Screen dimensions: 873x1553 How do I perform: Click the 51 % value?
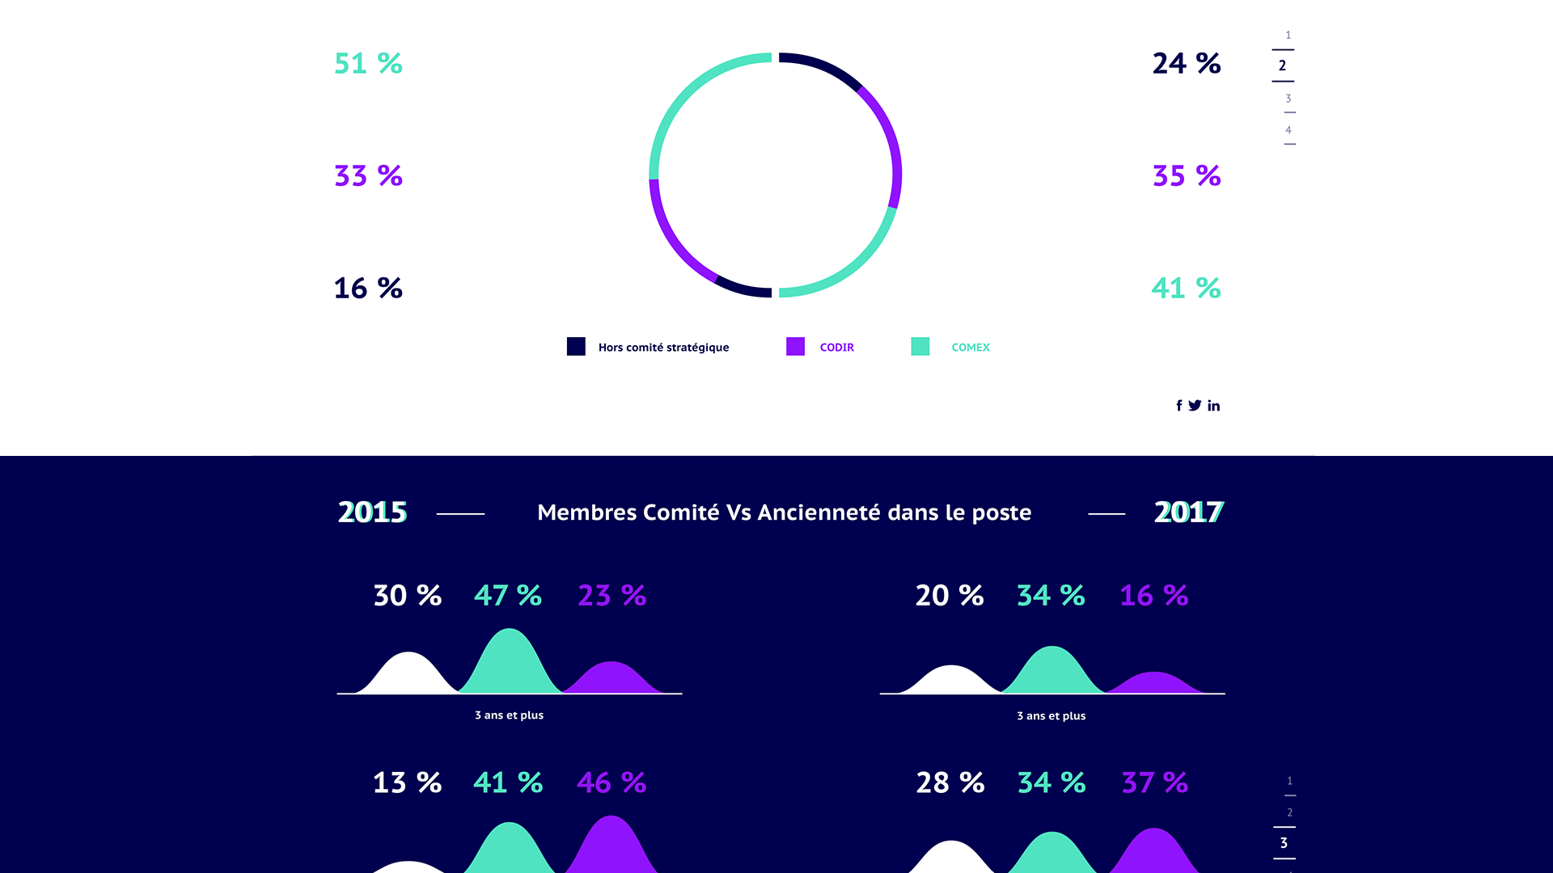pos(368,63)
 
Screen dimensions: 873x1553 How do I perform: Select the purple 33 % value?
pos(368,175)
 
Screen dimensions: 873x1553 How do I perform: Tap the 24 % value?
pos(1186,63)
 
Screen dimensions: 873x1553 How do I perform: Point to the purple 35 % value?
pos(1186,175)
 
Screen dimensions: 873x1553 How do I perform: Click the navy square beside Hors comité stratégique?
pos(576,347)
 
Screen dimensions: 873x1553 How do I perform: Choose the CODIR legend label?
pos(836,348)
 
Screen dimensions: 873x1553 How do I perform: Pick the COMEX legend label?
pos(970,348)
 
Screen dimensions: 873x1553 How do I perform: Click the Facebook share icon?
pos(1179,406)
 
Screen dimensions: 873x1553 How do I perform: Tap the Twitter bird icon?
pos(1195,406)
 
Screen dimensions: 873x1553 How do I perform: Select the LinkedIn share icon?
pos(1213,406)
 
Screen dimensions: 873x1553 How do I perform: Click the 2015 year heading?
pos(372,512)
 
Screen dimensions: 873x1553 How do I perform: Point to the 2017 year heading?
pos(1188,512)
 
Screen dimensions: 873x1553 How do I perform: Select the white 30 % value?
pos(407,596)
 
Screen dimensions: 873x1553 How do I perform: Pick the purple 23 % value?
pos(611,596)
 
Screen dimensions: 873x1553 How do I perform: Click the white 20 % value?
pos(949,596)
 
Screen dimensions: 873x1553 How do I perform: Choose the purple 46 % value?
pos(611,782)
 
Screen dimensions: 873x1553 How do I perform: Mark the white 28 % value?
pos(950,782)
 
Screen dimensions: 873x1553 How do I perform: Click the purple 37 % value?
pos(1154,782)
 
